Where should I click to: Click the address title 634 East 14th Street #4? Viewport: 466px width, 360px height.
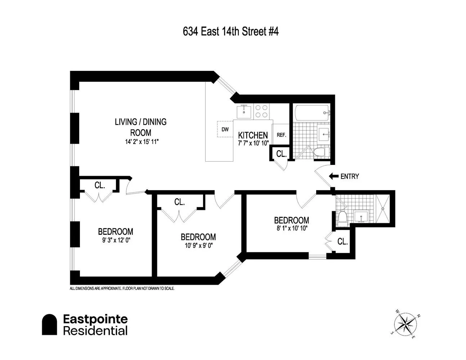(x=231, y=32)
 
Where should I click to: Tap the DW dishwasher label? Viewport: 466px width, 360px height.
(x=225, y=129)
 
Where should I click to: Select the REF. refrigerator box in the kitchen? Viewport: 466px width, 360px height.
(x=281, y=134)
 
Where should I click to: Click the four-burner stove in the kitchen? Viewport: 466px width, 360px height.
(x=261, y=111)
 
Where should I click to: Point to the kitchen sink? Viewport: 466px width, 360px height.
(x=244, y=112)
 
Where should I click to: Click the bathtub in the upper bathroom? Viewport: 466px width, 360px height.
(x=312, y=112)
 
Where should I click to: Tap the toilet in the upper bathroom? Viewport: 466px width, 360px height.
(x=321, y=152)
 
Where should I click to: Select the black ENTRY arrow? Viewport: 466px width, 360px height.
(x=334, y=176)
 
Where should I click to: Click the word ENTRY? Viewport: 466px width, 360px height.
(x=350, y=176)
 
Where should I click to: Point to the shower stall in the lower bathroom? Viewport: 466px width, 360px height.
(x=383, y=208)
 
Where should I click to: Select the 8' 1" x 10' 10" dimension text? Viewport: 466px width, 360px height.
(x=292, y=228)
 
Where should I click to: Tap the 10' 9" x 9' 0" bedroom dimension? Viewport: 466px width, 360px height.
(x=198, y=246)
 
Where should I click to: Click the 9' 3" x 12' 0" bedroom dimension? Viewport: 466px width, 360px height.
(x=116, y=240)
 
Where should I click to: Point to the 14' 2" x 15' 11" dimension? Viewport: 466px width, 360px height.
(x=142, y=141)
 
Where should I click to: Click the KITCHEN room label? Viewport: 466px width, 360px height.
(x=253, y=135)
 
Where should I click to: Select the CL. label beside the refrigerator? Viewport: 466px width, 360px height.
(x=281, y=154)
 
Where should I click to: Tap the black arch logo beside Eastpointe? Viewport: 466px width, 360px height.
(x=49, y=324)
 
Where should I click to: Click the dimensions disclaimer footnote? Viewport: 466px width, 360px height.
(x=122, y=288)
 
